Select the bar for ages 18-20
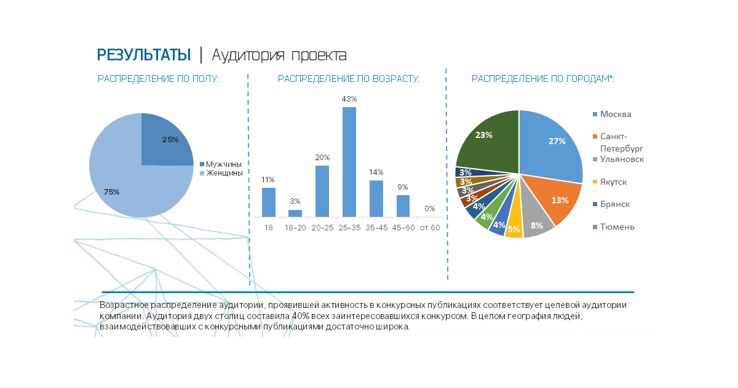pyautogui.click(x=295, y=213)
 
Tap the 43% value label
pyautogui.click(x=349, y=99)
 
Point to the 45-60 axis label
pyautogui.click(x=403, y=228)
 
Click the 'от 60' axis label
pyautogui.click(x=429, y=228)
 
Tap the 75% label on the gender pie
pyautogui.click(x=111, y=192)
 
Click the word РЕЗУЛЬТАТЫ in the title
pyautogui.click(x=144, y=55)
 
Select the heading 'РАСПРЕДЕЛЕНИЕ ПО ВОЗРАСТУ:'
pyautogui.click(x=348, y=79)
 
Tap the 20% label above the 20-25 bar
pyautogui.click(x=322, y=157)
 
